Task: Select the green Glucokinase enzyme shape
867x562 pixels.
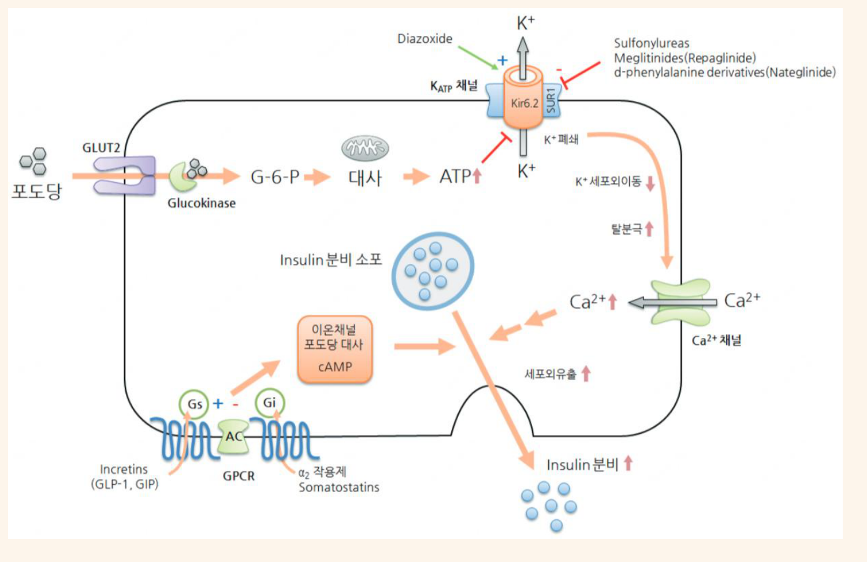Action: (x=182, y=177)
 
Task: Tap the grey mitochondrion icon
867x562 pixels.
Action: (x=365, y=148)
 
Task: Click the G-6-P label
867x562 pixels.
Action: (x=275, y=177)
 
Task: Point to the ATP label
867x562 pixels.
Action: (x=455, y=177)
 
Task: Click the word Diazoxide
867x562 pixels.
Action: (x=425, y=39)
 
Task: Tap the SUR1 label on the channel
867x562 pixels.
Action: (x=551, y=101)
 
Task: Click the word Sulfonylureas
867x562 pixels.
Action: (x=652, y=43)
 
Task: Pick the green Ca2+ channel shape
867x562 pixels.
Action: (x=681, y=302)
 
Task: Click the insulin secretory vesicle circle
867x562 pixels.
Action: (x=433, y=271)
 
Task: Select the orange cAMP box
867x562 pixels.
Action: (x=335, y=349)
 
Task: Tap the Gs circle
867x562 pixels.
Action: (x=194, y=404)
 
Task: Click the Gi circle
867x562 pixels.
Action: (x=270, y=403)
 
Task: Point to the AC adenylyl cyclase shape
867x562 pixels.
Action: (x=233, y=436)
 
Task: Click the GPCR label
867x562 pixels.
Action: (x=239, y=476)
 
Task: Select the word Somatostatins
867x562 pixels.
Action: (x=338, y=487)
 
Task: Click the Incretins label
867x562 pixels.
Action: (x=124, y=469)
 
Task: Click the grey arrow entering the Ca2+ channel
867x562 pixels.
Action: (x=673, y=302)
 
